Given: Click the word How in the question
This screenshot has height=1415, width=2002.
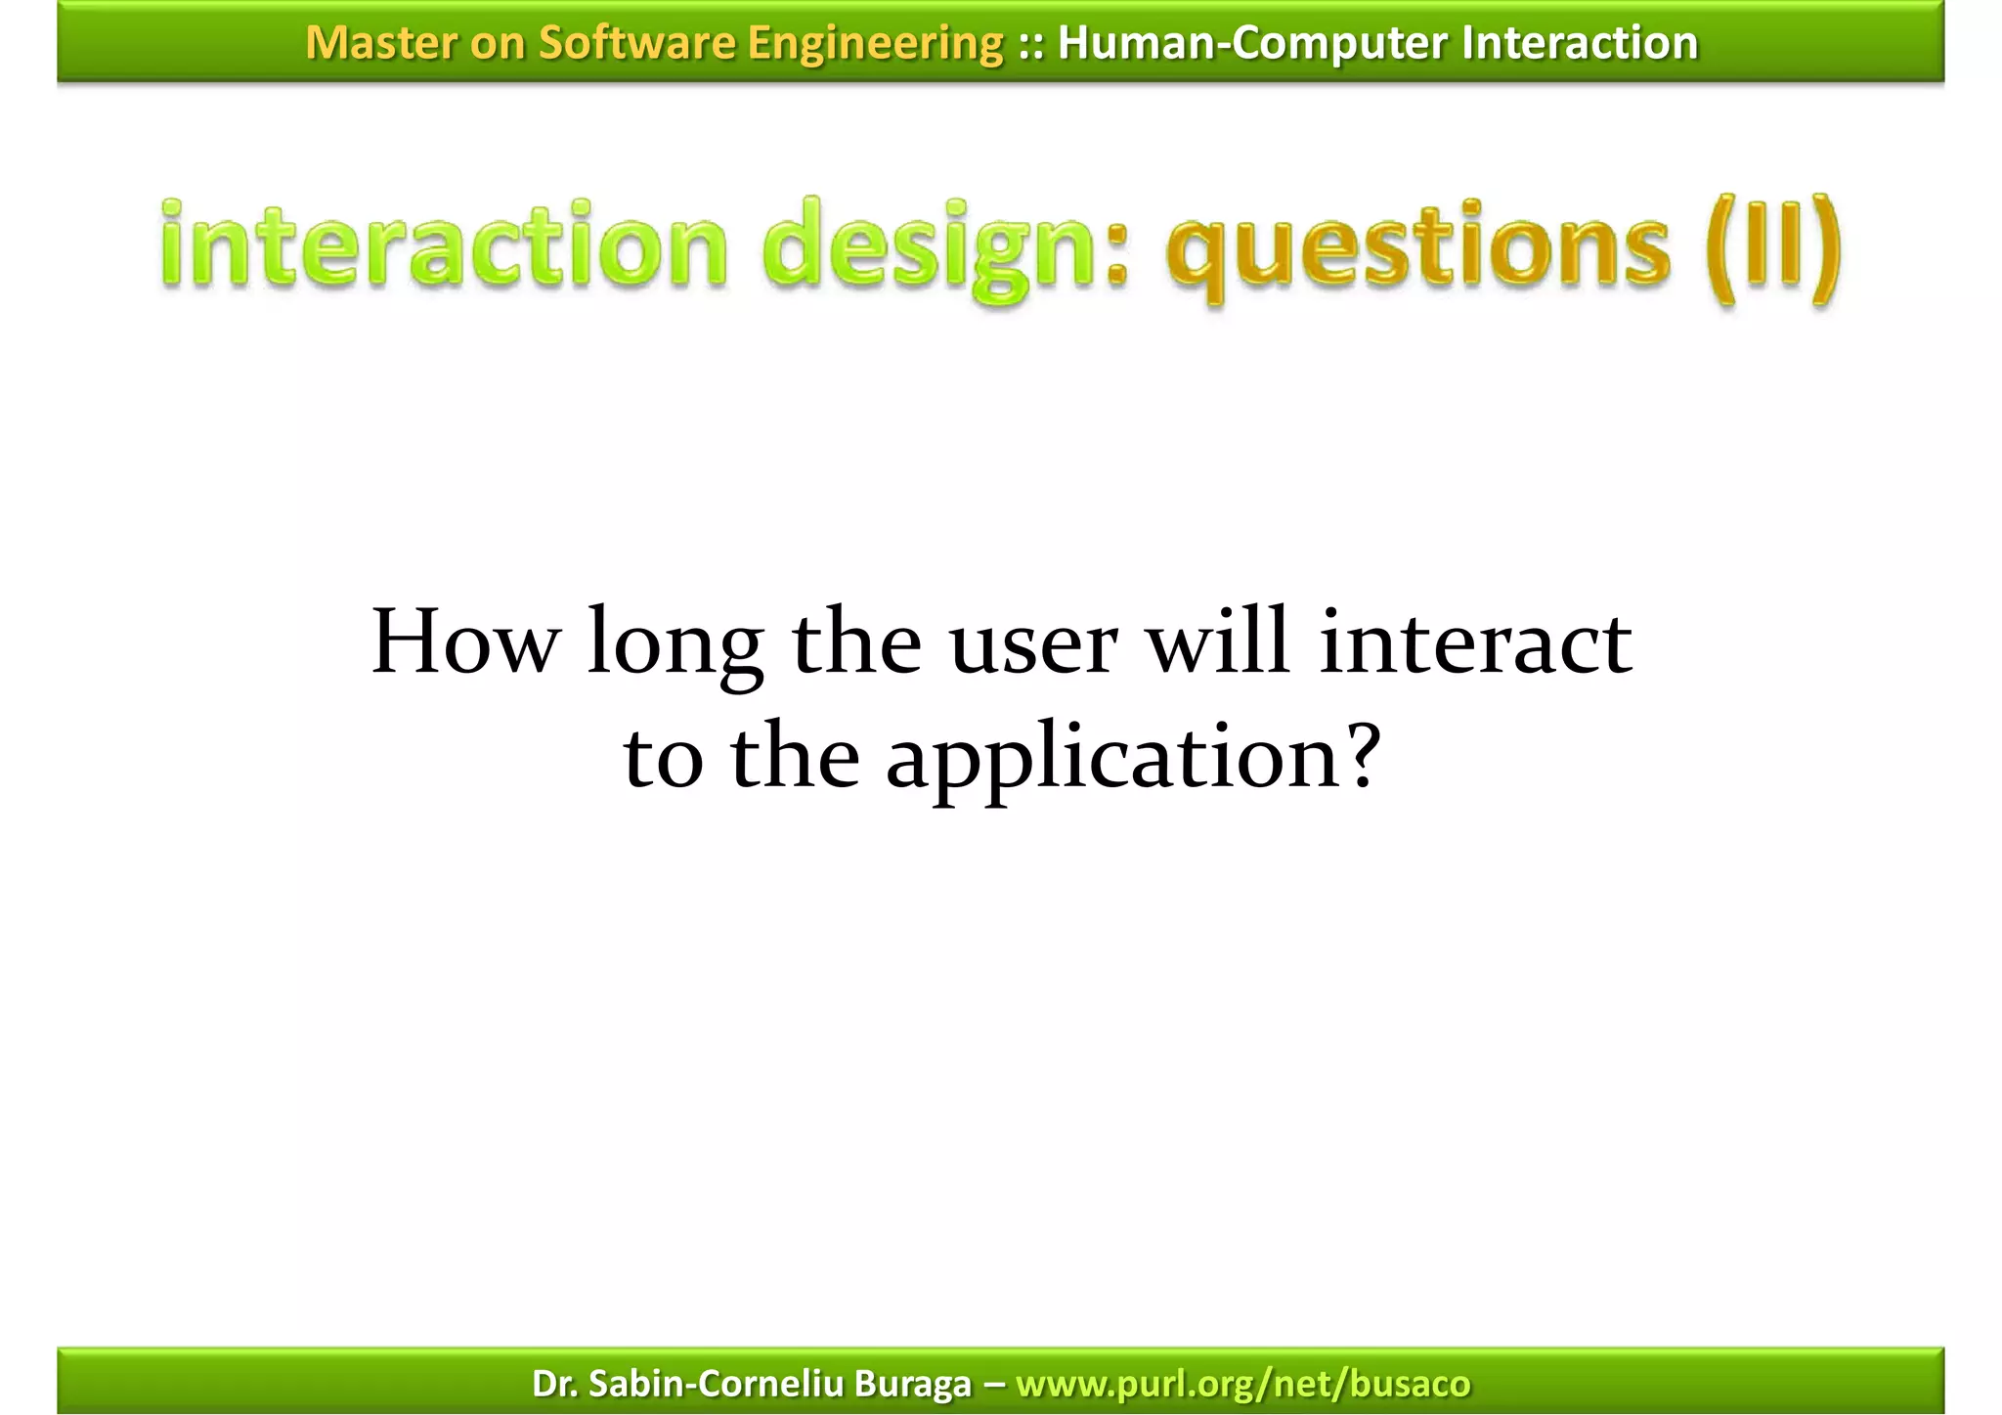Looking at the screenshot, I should (x=465, y=642).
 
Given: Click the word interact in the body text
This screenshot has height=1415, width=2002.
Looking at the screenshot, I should (x=1474, y=642).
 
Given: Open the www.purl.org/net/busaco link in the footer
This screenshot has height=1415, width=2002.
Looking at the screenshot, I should (x=1242, y=1384).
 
